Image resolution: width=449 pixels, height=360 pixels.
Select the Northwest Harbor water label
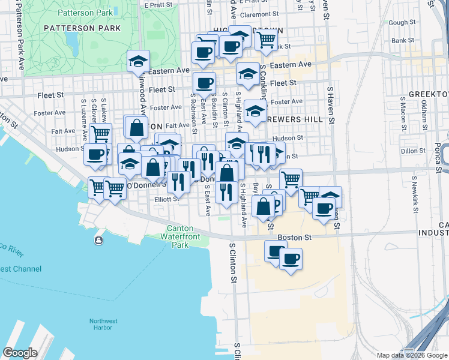click(103, 324)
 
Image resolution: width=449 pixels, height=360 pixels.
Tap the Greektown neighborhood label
click(429, 95)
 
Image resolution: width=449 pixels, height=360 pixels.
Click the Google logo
click(20, 353)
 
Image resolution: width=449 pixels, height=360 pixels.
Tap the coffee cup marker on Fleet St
click(204, 83)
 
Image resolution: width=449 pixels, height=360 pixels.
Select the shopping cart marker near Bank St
click(266, 40)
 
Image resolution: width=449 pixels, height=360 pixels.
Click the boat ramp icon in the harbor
click(98, 241)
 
